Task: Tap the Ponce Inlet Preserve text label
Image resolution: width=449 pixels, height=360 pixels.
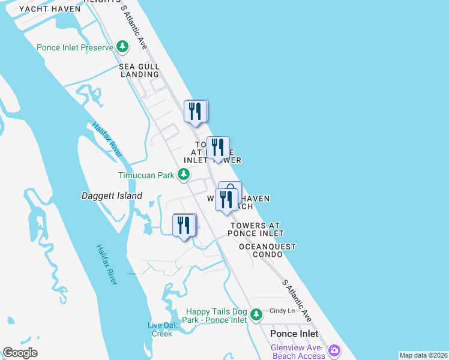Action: [75, 47]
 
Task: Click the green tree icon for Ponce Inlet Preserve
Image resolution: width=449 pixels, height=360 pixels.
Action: [122, 46]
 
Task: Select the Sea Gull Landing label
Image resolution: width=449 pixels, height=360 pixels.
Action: [139, 70]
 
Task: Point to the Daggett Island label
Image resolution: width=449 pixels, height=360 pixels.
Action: [112, 196]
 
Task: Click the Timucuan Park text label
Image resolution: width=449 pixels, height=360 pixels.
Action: [146, 175]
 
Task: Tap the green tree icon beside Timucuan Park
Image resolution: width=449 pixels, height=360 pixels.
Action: [184, 175]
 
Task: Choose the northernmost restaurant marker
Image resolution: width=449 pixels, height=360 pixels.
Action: [195, 111]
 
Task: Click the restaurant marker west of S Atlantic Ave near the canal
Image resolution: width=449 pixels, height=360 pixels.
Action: [184, 225]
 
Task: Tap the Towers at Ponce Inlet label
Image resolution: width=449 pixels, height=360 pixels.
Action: [256, 229]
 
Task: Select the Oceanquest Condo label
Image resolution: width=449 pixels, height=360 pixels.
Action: [267, 250]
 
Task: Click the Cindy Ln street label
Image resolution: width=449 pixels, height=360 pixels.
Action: [282, 311]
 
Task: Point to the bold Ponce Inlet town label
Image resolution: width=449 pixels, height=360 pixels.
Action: [294, 334]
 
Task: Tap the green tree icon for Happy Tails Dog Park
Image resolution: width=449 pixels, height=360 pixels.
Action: [256, 314]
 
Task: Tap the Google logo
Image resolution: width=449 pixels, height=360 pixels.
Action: [20, 353]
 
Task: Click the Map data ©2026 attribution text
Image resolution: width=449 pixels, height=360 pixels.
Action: [423, 355]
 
